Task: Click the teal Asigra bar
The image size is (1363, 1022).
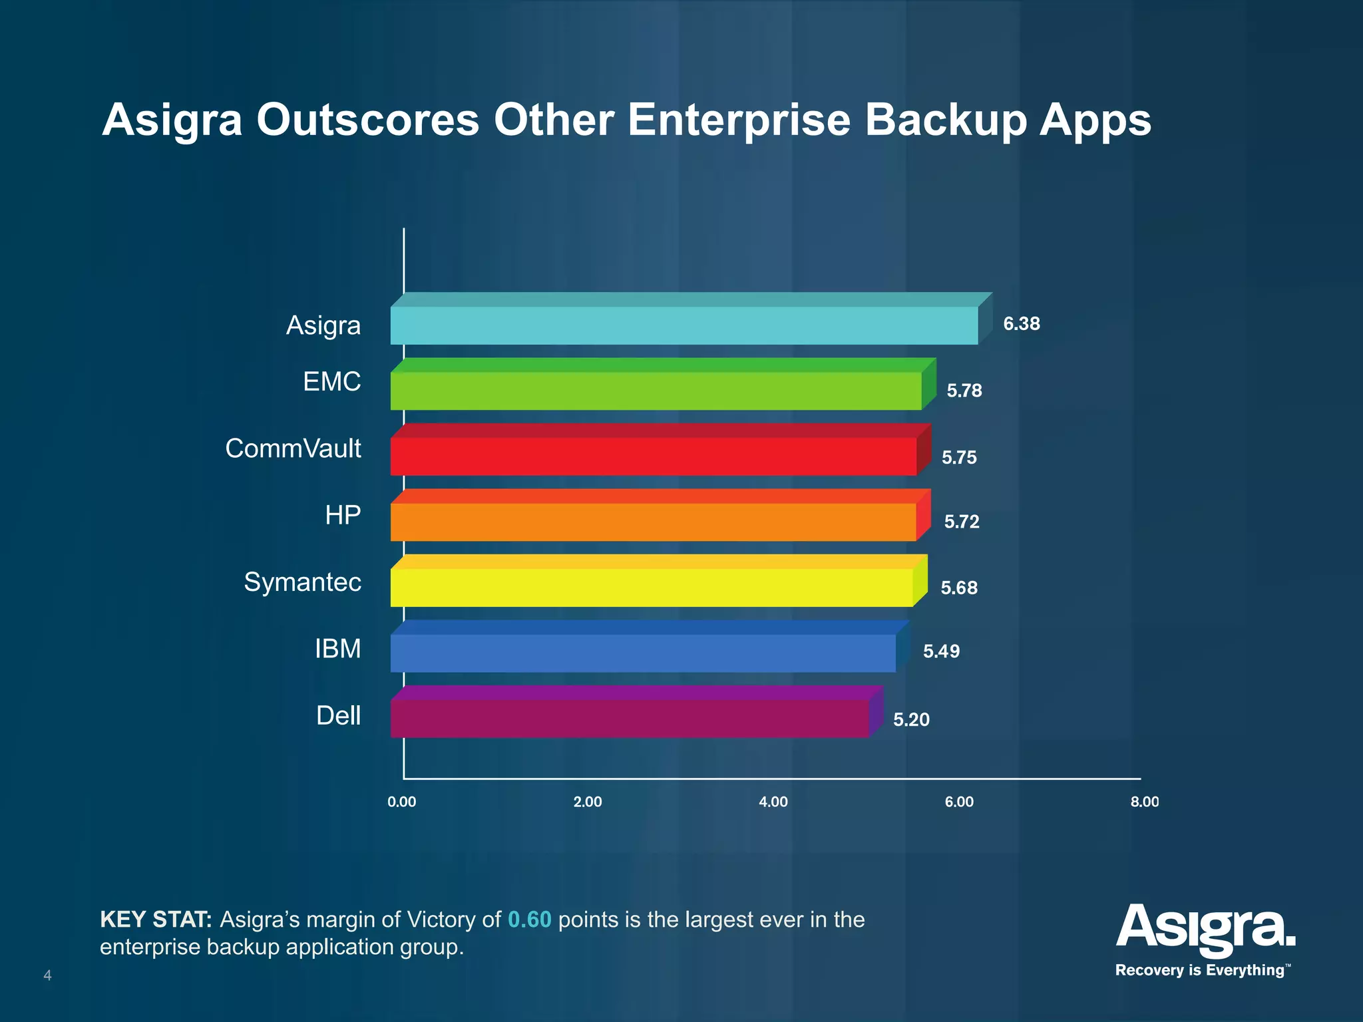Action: [x=683, y=325]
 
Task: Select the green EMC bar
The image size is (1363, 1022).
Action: [x=656, y=391]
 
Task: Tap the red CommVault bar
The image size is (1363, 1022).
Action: [x=653, y=456]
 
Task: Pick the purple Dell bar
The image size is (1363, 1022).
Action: [x=629, y=718]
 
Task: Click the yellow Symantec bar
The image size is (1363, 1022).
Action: [x=651, y=587]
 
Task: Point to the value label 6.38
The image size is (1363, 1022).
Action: [x=1021, y=324]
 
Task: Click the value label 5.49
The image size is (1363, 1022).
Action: [x=941, y=651]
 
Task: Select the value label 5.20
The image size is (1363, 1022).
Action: [x=911, y=719]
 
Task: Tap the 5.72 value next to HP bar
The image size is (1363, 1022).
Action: [x=962, y=522]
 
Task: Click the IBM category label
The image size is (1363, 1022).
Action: [x=337, y=649]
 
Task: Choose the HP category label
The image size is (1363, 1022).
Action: [x=343, y=515]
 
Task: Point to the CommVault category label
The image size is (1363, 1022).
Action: [x=293, y=448]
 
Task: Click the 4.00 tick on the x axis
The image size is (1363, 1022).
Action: [x=773, y=802]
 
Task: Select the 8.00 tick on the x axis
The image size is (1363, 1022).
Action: [x=1144, y=802]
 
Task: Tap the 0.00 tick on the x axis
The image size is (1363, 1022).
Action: [x=402, y=802]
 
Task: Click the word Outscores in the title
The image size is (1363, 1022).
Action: [x=367, y=120]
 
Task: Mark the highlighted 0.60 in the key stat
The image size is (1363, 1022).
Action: [x=529, y=920]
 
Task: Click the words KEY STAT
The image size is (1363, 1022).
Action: [x=156, y=920]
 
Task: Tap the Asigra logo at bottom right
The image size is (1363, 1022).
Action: [x=1205, y=928]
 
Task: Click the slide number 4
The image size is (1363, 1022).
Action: [x=47, y=975]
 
